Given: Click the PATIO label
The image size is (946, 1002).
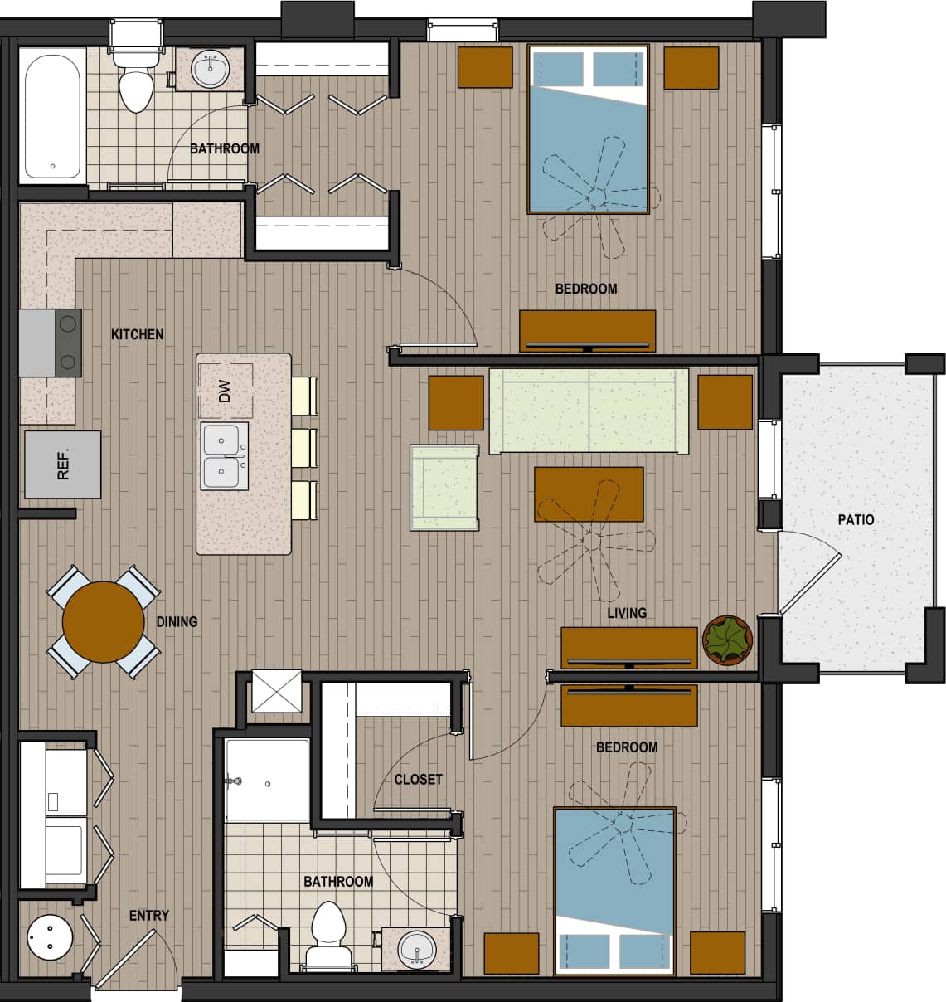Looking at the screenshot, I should (856, 520).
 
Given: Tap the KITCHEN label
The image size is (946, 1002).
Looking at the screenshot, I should (137, 334).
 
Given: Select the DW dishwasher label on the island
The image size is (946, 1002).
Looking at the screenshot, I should (224, 392).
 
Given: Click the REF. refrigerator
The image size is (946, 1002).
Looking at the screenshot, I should (63, 465).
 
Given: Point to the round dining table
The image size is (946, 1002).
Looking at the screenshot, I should (103, 621).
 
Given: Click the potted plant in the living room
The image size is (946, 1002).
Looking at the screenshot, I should (727, 640).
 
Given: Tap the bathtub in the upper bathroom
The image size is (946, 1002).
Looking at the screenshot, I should (52, 116).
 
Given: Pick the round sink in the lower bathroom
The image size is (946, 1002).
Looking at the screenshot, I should (415, 948).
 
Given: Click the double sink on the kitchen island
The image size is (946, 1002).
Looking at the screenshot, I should (224, 456).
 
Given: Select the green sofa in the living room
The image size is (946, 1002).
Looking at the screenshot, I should (589, 411).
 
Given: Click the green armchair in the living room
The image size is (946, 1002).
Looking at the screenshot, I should (444, 487).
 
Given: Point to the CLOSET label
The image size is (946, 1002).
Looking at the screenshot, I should (418, 780).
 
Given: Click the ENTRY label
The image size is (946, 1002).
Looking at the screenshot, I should (148, 916).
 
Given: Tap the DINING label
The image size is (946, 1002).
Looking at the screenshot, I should (177, 621).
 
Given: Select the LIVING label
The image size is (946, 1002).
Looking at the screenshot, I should (626, 613).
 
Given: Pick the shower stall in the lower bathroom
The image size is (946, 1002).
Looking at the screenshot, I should (267, 780).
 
